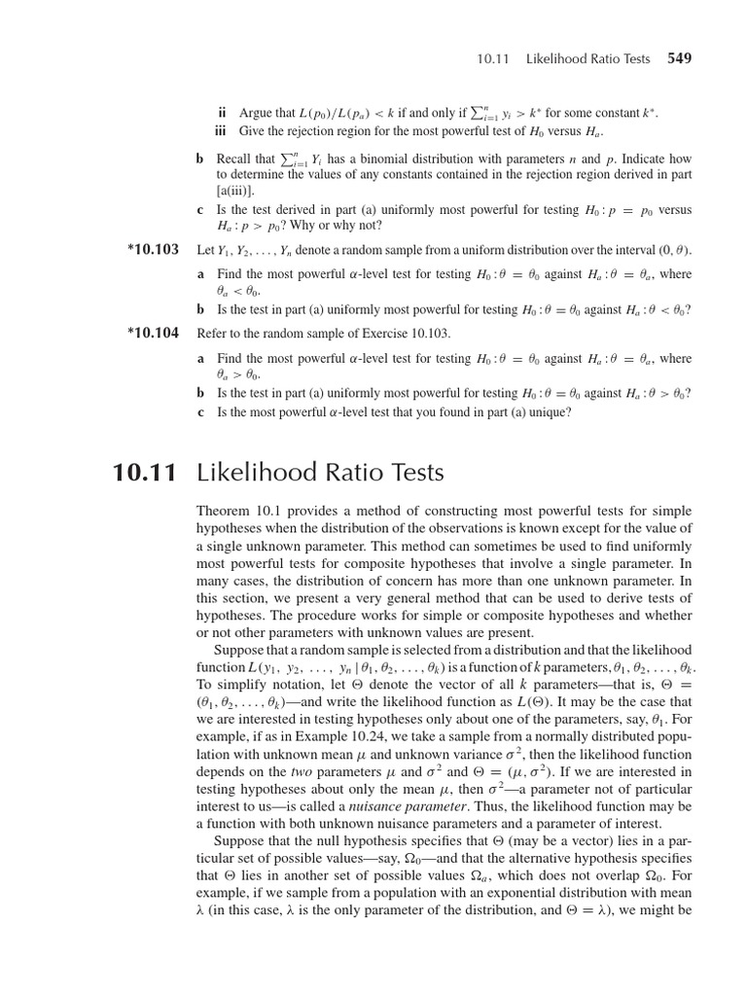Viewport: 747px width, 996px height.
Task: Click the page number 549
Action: (x=679, y=58)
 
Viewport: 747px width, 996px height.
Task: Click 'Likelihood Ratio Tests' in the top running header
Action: (x=587, y=59)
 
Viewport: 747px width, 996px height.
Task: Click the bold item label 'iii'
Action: (x=221, y=131)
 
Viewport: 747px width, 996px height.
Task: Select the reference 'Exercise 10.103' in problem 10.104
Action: (x=402, y=333)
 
